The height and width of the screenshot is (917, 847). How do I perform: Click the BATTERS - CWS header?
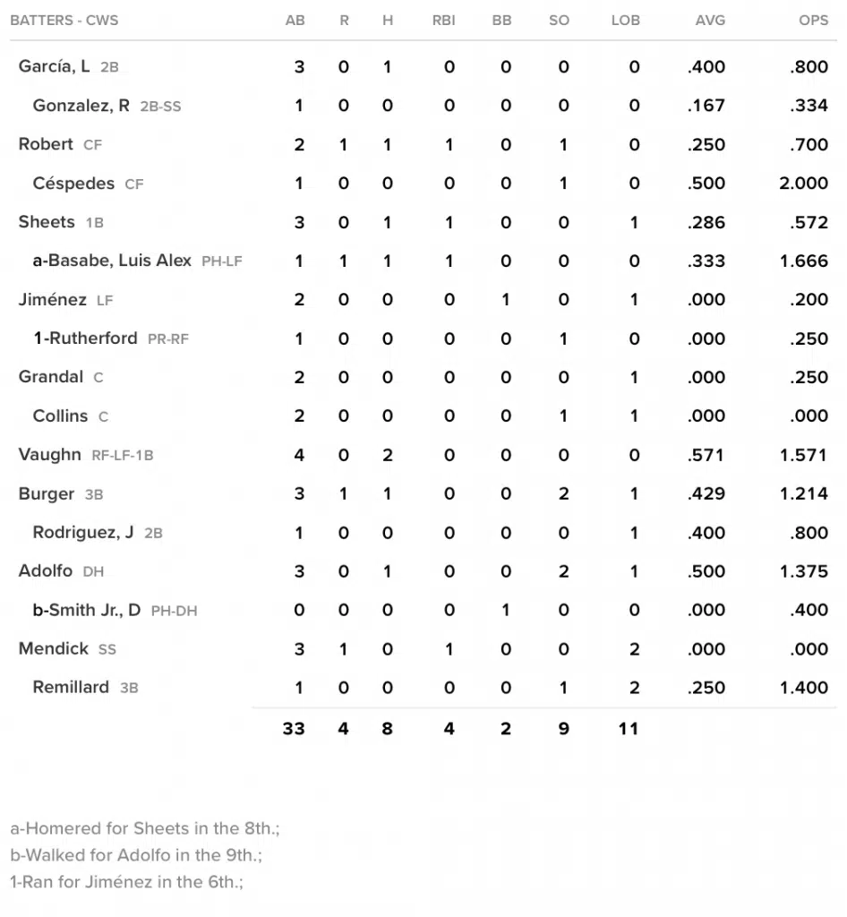[64, 21]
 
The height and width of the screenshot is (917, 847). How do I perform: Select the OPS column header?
[813, 21]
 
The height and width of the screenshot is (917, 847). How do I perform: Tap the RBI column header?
[443, 21]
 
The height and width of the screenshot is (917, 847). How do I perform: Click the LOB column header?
[625, 21]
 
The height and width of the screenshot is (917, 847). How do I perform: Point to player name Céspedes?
[73, 184]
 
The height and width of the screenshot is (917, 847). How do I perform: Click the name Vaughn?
[49, 455]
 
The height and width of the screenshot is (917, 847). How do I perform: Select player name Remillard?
[71, 688]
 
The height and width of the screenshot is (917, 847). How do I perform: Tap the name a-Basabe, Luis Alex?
[112, 261]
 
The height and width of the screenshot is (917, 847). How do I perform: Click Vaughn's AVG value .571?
[706, 455]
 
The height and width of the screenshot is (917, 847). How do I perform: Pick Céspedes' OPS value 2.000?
[804, 184]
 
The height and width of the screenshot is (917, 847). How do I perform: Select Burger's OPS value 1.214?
[804, 493]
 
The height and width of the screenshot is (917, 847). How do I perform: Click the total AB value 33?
[294, 729]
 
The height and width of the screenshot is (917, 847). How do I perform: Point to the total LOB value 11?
[629, 729]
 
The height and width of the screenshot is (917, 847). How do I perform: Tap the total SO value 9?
[563, 729]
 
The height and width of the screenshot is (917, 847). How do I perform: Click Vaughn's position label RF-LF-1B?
[123, 456]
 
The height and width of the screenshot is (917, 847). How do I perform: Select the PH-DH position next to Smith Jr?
[174, 611]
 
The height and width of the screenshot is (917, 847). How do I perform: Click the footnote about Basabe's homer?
[139, 829]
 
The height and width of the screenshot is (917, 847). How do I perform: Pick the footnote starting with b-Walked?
[136, 855]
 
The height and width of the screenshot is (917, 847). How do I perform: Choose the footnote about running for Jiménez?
[126, 882]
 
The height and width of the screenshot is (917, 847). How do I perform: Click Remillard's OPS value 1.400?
[804, 688]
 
